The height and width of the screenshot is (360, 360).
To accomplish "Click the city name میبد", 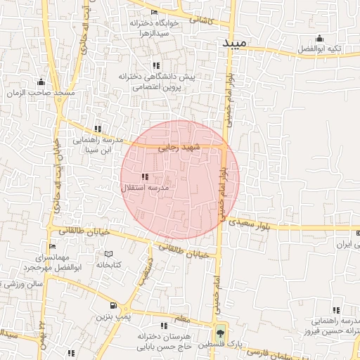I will (x=234, y=43).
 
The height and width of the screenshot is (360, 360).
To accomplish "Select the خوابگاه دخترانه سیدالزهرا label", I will (x=154, y=28).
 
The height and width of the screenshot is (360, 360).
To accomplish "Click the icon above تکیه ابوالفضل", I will (x=320, y=39).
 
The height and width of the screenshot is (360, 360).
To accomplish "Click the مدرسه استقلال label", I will (x=146, y=188).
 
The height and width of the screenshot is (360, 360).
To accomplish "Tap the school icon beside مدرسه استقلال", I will (x=145, y=177).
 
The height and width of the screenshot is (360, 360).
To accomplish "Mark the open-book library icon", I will (x=108, y=254).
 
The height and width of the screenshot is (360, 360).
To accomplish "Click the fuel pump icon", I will (x=113, y=306).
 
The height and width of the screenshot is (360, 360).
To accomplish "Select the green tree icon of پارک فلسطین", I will (x=221, y=333).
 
